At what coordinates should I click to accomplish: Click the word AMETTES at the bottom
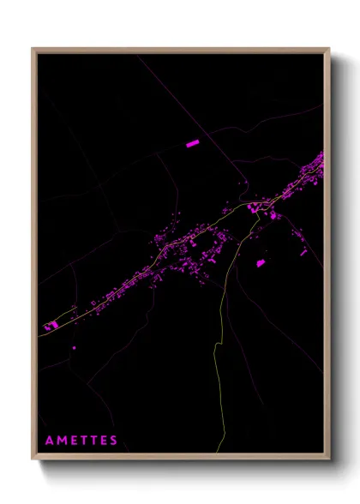click(x=81, y=441)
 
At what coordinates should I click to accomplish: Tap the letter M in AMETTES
click(x=64, y=441)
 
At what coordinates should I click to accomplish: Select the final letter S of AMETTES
click(x=114, y=441)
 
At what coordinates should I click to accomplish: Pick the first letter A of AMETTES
click(x=50, y=441)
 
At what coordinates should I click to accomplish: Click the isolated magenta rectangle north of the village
click(x=192, y=144)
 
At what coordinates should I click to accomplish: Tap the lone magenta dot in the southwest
click(x=74, y=347)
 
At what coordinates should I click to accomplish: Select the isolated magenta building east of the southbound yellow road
click(x=261, y=263)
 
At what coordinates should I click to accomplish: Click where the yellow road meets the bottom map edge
click(x=217, y=452)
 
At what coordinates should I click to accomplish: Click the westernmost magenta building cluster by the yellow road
click(x=51, y=326)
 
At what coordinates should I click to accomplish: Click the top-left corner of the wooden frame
click(x=33, y=48)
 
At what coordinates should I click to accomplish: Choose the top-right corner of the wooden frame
click(x=328, y=48)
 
